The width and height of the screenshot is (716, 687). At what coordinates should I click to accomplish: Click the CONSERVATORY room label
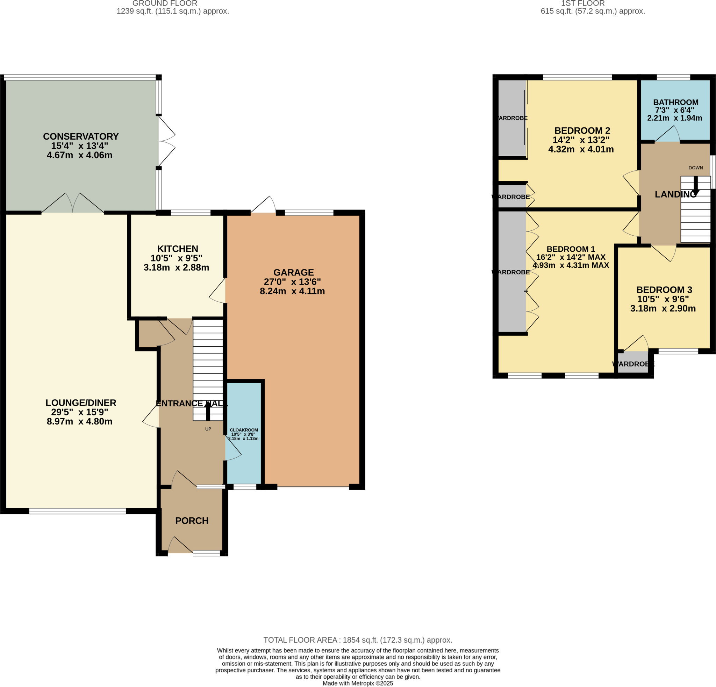tap(81, 136)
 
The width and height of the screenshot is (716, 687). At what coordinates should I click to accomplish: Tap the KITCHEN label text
tap(178, 249)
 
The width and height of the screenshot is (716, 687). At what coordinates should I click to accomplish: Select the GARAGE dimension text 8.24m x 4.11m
tap(292, 291)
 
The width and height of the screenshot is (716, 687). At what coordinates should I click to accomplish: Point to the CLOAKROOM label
tap(244, 430)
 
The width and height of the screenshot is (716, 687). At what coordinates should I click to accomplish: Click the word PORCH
tap(192, 520)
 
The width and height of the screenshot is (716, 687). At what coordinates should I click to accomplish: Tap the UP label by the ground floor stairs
tap(208, 429)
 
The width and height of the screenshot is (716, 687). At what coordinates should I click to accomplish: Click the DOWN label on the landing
tap(695, 168)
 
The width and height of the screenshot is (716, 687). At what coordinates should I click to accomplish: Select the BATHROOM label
tap(676, 103)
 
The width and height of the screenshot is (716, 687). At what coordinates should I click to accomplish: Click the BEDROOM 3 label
tap(664, 290)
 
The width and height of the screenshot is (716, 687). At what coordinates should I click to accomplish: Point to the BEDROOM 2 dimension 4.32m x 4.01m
tap(581, 149)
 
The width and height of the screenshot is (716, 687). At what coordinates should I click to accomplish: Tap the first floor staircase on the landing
tap(695, 215)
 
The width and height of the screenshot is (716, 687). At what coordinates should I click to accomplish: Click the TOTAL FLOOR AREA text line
tap(358, 640)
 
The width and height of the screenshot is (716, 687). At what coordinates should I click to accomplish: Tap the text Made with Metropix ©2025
tap(358, 684)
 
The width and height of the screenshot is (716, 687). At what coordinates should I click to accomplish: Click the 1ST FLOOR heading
tap(583, 3)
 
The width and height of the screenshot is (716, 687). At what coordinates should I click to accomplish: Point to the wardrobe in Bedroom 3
tap(633, 362)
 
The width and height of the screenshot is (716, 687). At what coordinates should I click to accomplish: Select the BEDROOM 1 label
tap(571, 249)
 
